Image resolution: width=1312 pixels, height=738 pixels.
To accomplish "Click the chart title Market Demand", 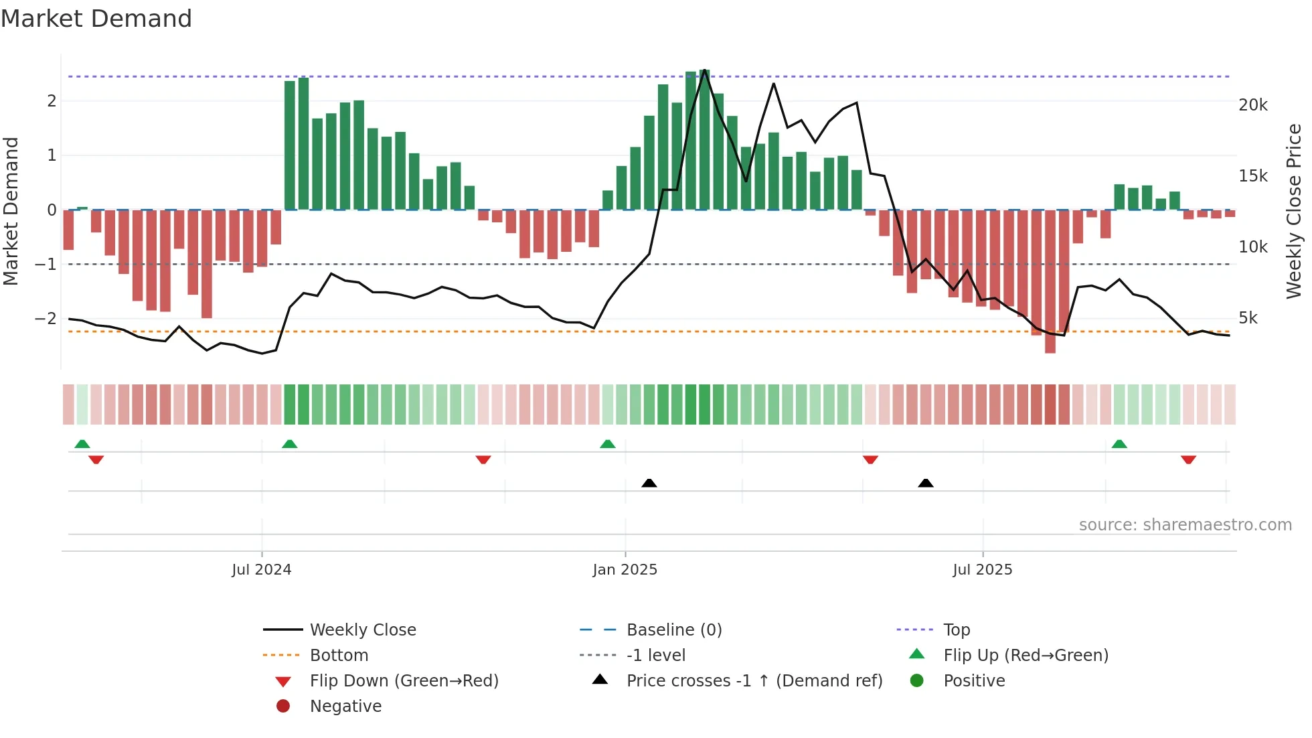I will (96, 19).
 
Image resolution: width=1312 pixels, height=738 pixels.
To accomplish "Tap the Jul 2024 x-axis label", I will (261, 570).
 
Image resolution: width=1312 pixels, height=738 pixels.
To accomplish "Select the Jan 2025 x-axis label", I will (625, 570).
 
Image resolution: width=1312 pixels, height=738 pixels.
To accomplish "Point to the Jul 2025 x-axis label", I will (982, 570).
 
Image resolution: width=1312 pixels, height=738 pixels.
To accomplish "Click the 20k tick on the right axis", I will (1252, 105).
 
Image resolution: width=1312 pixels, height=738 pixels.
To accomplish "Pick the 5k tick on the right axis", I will (1248, 318).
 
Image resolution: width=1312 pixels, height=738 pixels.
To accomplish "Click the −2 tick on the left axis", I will (46, 318).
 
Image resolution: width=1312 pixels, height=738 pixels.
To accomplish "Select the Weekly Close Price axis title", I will (1294, 211).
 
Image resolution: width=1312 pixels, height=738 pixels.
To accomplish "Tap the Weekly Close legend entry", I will (362, 630).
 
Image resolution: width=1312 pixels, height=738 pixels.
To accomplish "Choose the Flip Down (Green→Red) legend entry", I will (404, 681).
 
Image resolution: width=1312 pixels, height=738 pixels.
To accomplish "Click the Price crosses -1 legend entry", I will (754, 681).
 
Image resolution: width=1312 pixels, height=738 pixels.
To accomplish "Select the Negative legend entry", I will (345, 707).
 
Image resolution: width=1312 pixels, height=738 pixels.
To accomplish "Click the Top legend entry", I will (956, 630).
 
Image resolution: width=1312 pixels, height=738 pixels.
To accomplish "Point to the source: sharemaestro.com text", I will (1185, 525).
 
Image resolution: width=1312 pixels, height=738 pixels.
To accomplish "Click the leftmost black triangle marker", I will (649, 483).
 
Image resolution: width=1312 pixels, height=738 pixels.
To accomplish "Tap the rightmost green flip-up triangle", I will (1119, 444).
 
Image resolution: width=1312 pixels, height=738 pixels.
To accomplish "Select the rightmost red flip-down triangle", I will (1188, 459).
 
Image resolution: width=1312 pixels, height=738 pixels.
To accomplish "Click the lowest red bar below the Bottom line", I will (1050, 342).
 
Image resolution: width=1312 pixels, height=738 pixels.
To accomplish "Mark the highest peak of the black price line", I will (705, 70).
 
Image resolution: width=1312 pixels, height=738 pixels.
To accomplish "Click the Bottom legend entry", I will (339, 656).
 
